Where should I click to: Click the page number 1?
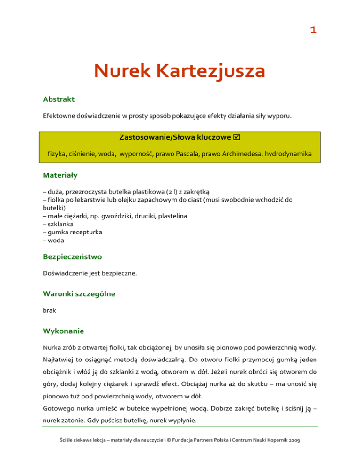click(313, 31)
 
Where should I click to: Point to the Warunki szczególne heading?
click(78, 294)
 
